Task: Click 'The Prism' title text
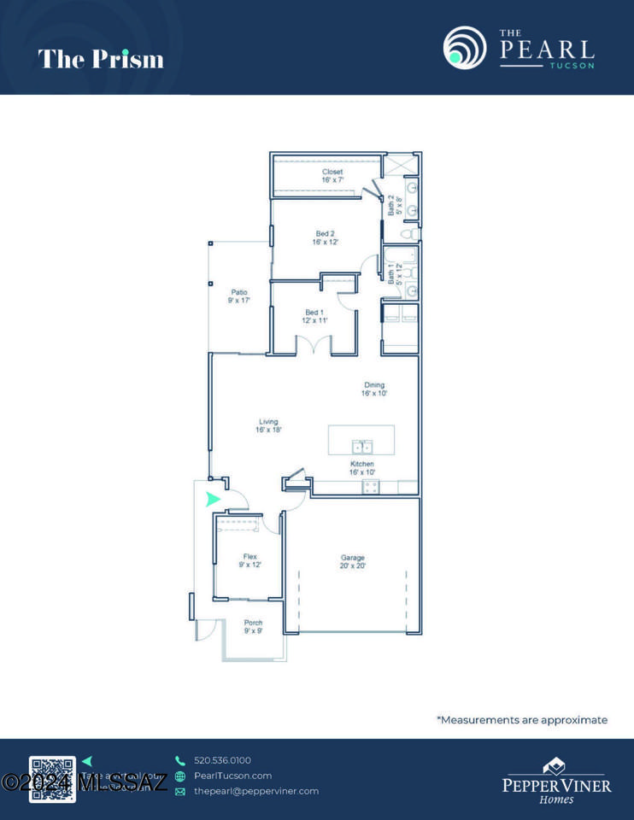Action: point(101,59)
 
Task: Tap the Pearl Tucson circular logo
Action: point(464,47)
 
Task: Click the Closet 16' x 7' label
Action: point(332,176)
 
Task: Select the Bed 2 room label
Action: point(325,237)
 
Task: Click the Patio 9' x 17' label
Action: point(238,296)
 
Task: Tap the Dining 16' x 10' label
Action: point(374,389)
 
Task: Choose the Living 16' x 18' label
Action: point(267,425)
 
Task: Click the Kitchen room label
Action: point(361,467)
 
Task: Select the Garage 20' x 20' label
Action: point(353,561)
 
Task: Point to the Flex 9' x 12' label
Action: point(249,560)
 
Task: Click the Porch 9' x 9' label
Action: point(253,627)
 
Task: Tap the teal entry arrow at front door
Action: point(213,500)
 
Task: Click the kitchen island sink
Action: point(362,446)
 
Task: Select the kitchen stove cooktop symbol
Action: point(371,487)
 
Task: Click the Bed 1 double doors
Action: point(314,346)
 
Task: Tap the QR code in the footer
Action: point(52,778)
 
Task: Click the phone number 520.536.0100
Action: point(222,760)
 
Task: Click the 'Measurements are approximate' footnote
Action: point(522,720)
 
